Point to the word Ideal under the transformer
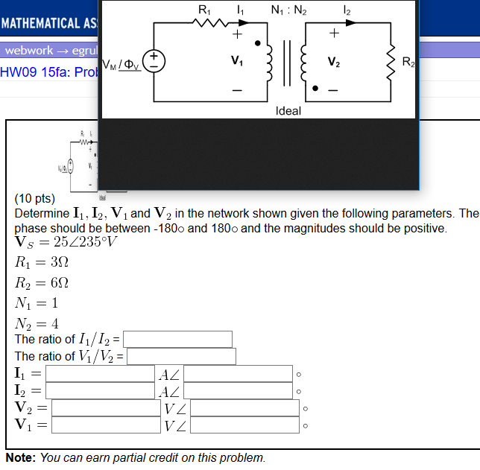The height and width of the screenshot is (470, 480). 288,111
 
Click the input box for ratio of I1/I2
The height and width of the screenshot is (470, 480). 177,339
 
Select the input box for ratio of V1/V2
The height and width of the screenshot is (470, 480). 181,356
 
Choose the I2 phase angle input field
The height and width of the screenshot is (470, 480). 239,390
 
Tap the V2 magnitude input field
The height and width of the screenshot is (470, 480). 106,407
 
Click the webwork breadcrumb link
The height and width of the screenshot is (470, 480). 30,51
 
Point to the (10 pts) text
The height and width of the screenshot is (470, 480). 35,199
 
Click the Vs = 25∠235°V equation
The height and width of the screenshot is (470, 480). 66,242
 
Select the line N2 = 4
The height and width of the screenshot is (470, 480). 37,323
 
